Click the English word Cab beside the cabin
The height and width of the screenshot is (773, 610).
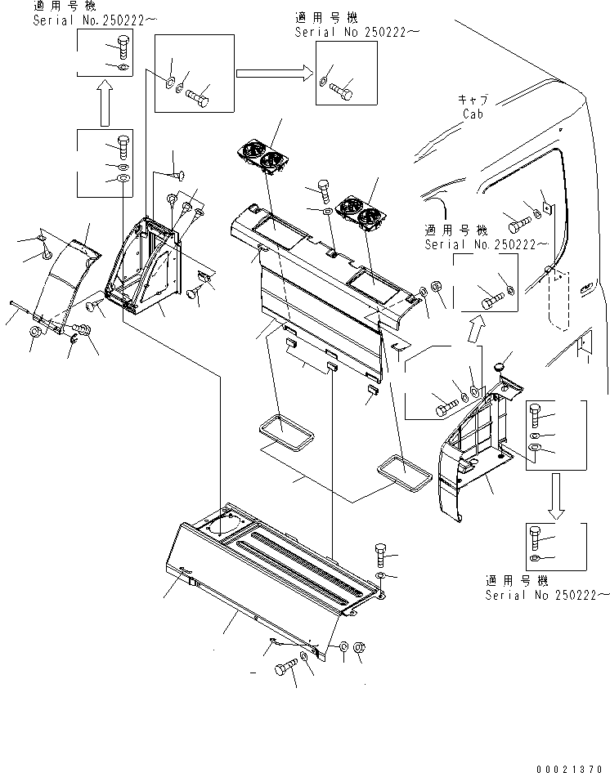[473, 114]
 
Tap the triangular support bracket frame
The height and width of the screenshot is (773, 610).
[147, 261]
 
